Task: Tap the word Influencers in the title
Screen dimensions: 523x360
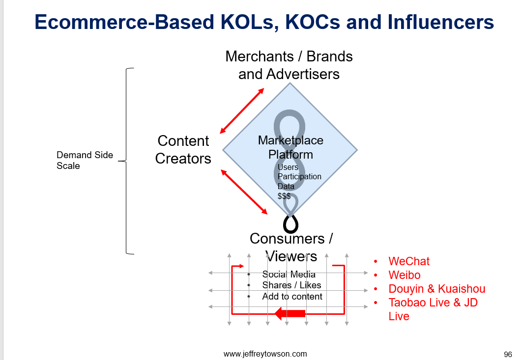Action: coord(440,22)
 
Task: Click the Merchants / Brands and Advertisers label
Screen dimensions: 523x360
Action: coord(289,65)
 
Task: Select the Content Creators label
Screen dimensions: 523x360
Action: coord(183,150)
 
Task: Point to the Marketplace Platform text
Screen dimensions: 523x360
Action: coord(291,147)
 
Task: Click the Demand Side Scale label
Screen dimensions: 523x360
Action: coord(85,160)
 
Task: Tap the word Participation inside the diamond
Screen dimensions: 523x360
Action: coord(299,176)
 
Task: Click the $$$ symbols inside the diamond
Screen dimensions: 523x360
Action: coord(284,196)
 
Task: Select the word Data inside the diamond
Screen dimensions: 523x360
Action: coord(286,186)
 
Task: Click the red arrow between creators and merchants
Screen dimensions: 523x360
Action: coord(242,111)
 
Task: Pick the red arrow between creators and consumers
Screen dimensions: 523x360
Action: coord(244,192)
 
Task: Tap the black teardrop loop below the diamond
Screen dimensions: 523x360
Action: coord(291,224)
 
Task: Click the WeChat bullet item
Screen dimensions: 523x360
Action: coord(409,261)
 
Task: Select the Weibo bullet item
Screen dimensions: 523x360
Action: coord(404,275)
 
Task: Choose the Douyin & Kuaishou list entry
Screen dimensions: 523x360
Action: coord(436,289)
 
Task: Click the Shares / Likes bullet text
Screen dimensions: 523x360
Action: coord(291,285)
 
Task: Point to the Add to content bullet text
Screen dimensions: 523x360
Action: coord(292,296)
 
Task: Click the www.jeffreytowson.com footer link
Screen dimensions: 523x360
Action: coord(265,354)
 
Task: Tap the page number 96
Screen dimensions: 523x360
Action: coord(508,354)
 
